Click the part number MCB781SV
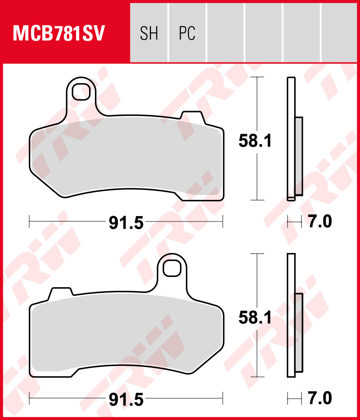tap(59, 33)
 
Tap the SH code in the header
tap(149, 33)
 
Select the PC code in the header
tap(187, 33)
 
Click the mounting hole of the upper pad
tap(81, 92)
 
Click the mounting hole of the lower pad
tap(171, 268)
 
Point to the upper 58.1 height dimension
tap(255, 142)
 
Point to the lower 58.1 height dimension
tap(255, 319)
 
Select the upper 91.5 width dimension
tap(126, 222)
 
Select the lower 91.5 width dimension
tap(126, 399)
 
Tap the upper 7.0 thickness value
tap(320, 222)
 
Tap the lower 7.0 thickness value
tap(320, 398)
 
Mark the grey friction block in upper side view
tap(299, 156)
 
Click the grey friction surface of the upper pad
tap(126, 158)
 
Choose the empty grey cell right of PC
tap(225, 33)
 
